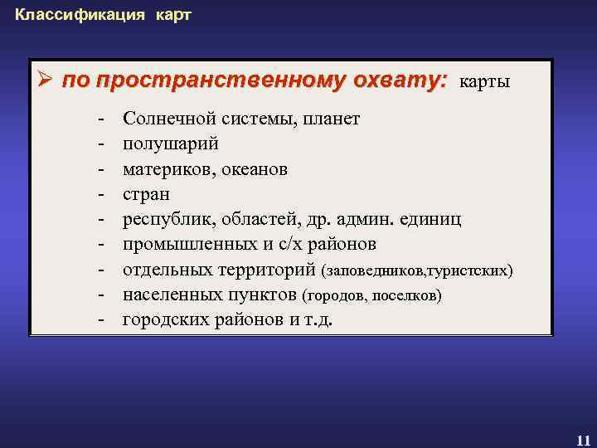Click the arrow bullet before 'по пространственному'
point(46,81)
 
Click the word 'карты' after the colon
point(484,82)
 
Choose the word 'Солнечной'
point(165,119)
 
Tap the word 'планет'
point(332,119)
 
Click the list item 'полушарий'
point(171,144)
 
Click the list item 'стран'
point(146,194)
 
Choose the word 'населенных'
point(167,295)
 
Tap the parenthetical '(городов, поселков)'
point(372,296)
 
